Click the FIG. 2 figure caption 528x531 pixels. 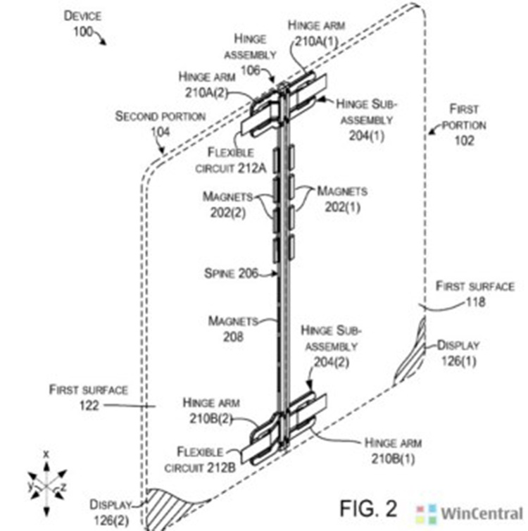click(x=368, y=508)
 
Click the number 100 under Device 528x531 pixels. click(x=83, y=32)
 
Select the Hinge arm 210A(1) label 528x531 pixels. click(x=317, y=34)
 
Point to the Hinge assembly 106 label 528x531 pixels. click(x=250, y=54)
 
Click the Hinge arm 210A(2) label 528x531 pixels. click(x=207, y=85)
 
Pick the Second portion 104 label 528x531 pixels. click(x=160, y=124)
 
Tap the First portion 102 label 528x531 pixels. click(x=464, y=125)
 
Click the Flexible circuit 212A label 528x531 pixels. click(x=230, y=160)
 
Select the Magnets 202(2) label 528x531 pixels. click(x=227, y=205)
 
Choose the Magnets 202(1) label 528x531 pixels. click(x=342, y=199)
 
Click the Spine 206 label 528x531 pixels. click(x=231, y=273)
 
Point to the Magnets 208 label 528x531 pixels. click(x=233, y=329)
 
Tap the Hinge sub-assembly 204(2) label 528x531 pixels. click(x=332, y=346)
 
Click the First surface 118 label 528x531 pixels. click(x=475, y=294)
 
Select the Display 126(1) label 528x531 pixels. click(x=458, y=354)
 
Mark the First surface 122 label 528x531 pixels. click(x=89, y=397)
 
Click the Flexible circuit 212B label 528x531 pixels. click(x=200, y=460)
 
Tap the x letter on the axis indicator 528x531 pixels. click(x=46, y=454)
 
